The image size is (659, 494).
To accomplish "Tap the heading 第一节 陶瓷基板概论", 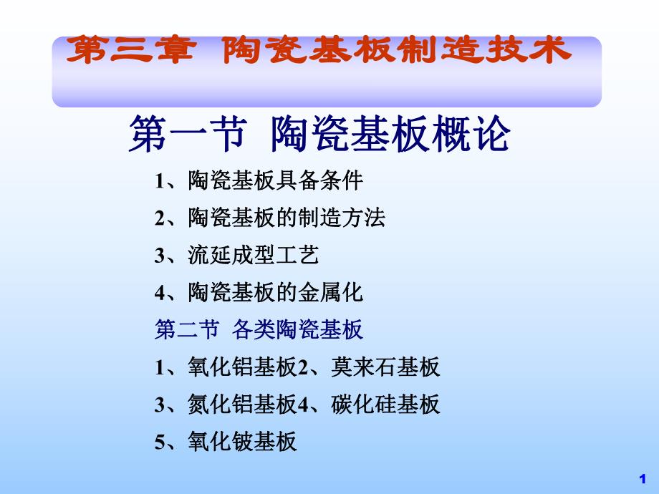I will pos(319,134).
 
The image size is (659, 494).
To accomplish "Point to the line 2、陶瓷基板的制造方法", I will pos(270,218).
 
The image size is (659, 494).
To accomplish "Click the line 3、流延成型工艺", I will pos(237,255).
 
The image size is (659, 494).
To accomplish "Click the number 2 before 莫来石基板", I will pos(302,368).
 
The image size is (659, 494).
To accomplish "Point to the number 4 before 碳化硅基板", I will pos(302,405).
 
